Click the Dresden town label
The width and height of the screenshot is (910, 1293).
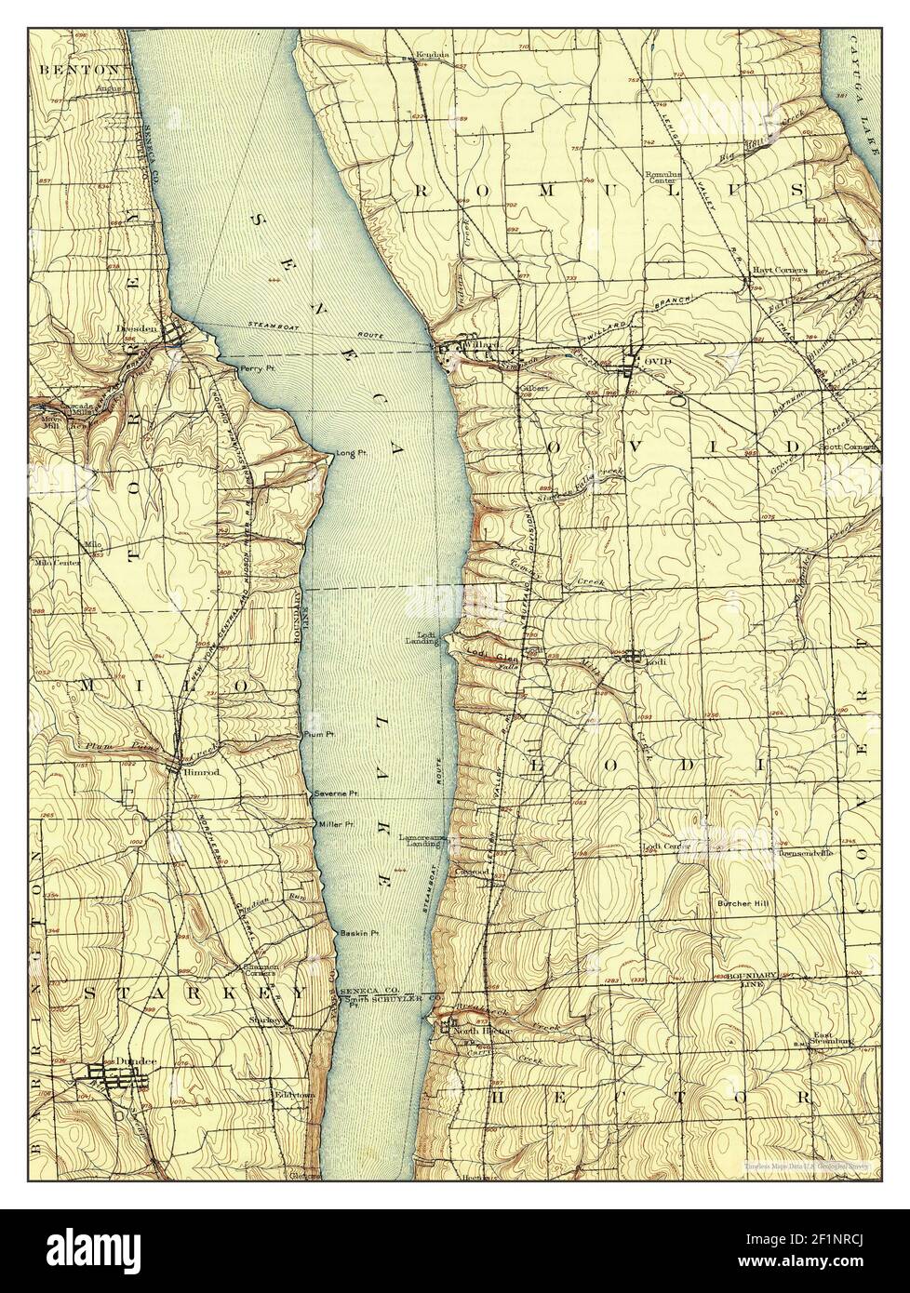pos(148,328)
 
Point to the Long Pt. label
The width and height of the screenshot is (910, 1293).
pos(346,453)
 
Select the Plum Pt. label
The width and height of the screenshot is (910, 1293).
pos(319,735)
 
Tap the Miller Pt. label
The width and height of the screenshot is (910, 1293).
pos(337,824)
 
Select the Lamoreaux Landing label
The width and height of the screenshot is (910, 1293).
pos(424,841)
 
